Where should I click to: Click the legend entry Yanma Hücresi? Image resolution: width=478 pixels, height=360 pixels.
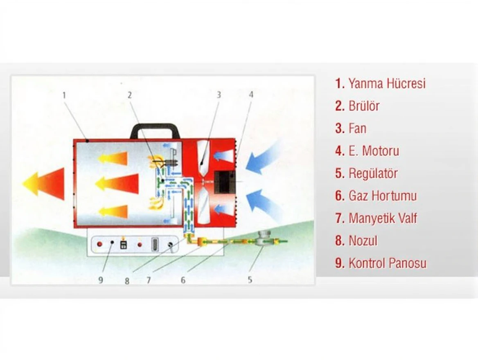click(x=380, y=83)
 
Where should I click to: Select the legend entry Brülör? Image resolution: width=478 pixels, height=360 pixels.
click(x=357, y=106)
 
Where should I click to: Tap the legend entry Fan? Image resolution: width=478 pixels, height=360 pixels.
click(x=351, y=128)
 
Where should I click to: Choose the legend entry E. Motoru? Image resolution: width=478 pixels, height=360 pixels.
click(x=367, y=151)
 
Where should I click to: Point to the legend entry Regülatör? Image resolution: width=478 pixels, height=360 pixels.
click(x=366, y=173)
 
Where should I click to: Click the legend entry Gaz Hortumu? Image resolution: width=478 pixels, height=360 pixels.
click(x=376, y=196)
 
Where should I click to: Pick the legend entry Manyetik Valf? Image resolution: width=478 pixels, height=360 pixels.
click(x=376, y=218)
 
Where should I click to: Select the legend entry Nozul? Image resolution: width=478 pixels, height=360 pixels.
click(x=356, y=241)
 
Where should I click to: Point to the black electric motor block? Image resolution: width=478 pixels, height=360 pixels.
click(x=225, y=182)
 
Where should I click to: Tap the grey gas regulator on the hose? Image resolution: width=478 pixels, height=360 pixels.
click(x=263, y=239)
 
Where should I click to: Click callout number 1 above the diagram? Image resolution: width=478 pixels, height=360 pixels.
click(x=64, y=95)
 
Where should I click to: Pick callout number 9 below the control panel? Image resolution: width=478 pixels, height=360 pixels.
click(x=101, y=280)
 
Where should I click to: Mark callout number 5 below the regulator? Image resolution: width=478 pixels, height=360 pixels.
click(x=250, y=279)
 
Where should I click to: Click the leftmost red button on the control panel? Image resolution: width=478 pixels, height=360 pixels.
click(x=99, y=244)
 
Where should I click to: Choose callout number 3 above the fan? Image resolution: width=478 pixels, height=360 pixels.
click(x=219, y=95)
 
